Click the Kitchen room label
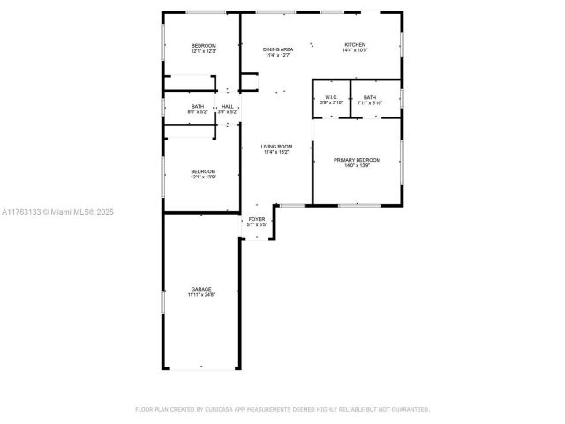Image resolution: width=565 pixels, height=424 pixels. pyautogui.click(x=355, y=45)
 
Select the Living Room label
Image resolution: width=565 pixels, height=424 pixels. pyautogui.click(x=277, y=147)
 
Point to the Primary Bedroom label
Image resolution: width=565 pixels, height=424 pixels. pyautogui.click(x=357, y=160)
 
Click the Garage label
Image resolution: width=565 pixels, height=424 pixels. pyautogui.click(x=201, y=289)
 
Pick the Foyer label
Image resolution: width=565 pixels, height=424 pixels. pyautogui.click(x=256, y=218)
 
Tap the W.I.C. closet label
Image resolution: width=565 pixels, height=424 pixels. pyautogui.click(x=331, y=97)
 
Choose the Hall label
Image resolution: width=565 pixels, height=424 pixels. pyautogui.click(x=228, y=106)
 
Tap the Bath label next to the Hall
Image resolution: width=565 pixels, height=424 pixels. pyautogui.click(x=197, y=106)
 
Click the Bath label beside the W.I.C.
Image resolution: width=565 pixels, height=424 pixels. pyautogui.click(x=369, y=97)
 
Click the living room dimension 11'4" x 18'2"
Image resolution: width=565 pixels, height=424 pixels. pyautogui.click(x=277, y=153)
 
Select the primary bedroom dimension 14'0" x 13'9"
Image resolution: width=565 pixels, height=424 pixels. pyautogui.click(x=357, y=166)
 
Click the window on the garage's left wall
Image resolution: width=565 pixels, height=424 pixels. pyautogui.click(x=162, y=301)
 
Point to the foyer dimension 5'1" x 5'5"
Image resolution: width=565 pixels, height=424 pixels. pyautogui.click(x=256, y=224)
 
